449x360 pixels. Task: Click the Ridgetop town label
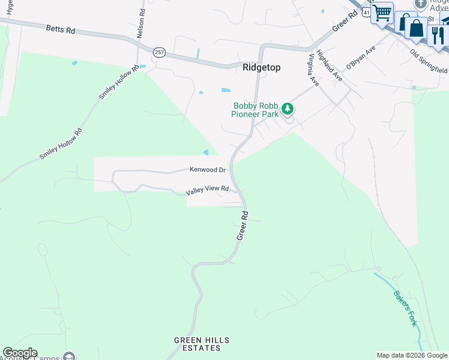click(x=261, y=68)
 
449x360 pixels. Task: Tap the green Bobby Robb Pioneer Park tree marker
click(x=288, y=109)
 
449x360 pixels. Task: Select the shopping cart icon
click(x=382, y=13)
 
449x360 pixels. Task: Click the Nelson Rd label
click(x=140, y=24)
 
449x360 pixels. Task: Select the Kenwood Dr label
click(x=208, y=170)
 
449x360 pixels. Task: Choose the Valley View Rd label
click(x=208, y=189)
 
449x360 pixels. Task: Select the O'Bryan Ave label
click(x=360, y=57)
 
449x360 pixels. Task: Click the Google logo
click(x=20, y=353)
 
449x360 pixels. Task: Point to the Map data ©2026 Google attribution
click(x=412, y=355)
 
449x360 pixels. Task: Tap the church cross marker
click(x=421, y=4)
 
